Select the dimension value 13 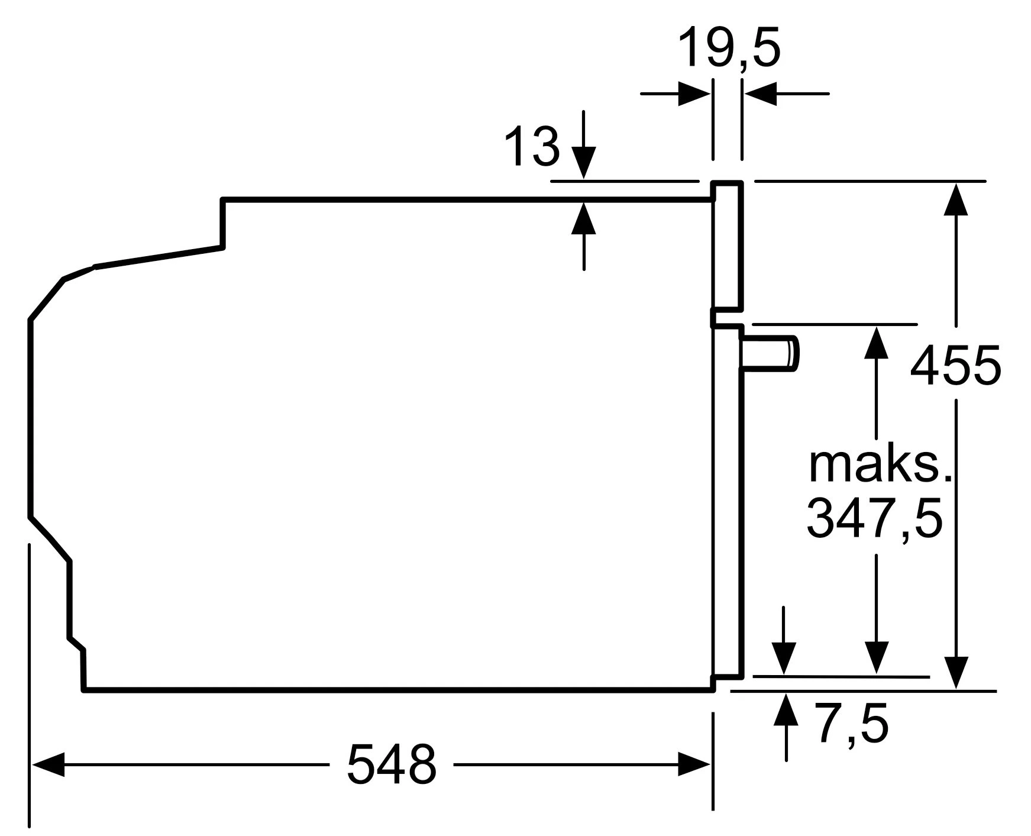(x=532, y=146)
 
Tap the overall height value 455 (x=955, y=365)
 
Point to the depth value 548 (x=391, y=764)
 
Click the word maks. (x=880, y=466)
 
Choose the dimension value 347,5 (x=874, y=519)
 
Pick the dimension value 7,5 (x=852, y=725)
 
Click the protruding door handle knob (x=770, y=354)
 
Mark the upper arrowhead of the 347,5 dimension (x=876, y=342)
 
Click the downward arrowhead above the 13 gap (x=584, y=163)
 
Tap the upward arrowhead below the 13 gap (x=584, y=218)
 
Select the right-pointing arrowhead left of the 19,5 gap (x=694, y=93)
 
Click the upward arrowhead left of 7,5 (x=786, y=709)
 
